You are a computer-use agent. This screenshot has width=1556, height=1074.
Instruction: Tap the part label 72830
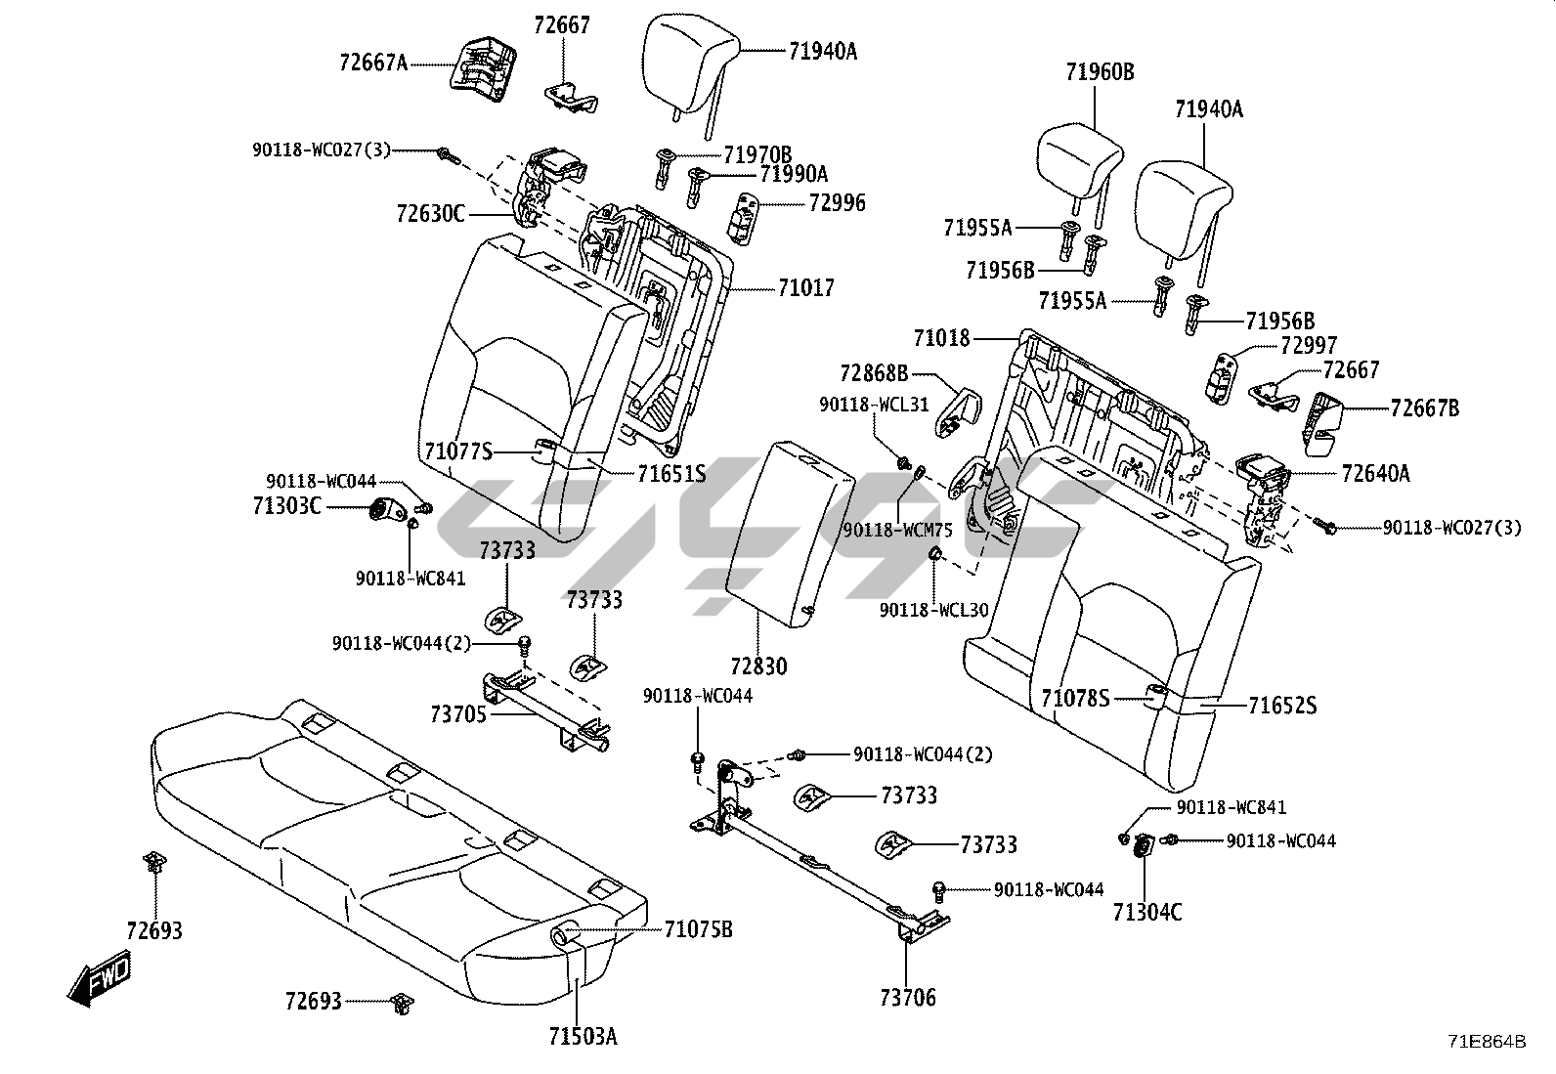pyautogui.click(x=757, y=666)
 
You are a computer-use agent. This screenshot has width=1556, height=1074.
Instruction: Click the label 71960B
pyautogui.click(x=1100, y=71)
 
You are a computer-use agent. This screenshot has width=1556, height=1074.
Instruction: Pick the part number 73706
pyautogui.click(x=907, y=998)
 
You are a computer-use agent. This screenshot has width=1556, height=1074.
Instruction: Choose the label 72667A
pyautogui.click(x=373, y=63)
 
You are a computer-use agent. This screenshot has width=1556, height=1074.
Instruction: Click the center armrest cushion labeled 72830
pyautogui.click(x=787, y=528)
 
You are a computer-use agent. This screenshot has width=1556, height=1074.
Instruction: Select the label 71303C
pyautogui.click(x=286, y=506)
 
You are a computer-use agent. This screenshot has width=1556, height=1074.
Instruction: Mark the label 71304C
pyautogui.click(x=1146, y=913)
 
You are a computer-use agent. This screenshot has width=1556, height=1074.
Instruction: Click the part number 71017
pyautogui.click(x=806, y=288)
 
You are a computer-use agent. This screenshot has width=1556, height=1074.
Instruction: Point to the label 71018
pyautogui.click(x=941, y=339)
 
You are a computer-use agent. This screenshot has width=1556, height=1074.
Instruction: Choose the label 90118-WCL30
pyautogui.click(x=933, y=610)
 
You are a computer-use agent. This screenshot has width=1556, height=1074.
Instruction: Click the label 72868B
pyautogui.click(x=874, y=373)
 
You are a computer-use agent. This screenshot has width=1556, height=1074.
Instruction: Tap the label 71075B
pyautogui.click(x=698, y=929)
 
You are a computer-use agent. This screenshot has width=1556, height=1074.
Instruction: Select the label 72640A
pyautogui.click(x=1375, y=474)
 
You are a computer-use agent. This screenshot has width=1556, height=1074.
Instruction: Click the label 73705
pyautogui.click(x=457, y=714)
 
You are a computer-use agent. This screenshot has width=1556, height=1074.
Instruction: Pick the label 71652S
pyautogui.click(x=1282, y=706)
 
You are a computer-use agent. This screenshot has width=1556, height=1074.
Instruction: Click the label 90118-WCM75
pyautogui.click(x=897, y=530)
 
